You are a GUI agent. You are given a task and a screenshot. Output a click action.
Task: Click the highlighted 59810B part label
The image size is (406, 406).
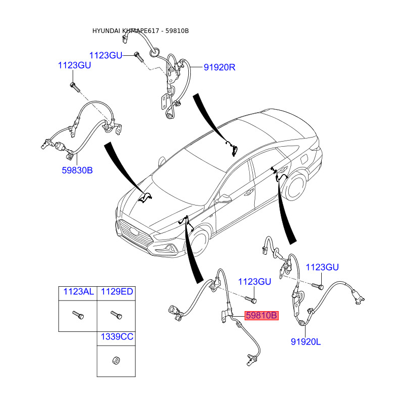[261, 315]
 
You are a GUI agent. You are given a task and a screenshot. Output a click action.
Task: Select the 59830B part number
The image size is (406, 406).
[77, 170]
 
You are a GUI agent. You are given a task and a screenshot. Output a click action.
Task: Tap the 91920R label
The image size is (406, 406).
[219, 67]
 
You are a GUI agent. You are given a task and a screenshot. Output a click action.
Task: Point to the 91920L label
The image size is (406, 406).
[306, 342]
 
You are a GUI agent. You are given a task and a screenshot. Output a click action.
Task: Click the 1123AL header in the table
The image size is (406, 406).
[79, 291]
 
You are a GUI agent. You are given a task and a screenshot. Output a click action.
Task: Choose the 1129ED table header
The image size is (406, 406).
[117, 291]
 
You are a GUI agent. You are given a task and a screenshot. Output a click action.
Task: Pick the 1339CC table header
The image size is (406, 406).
[117, 336]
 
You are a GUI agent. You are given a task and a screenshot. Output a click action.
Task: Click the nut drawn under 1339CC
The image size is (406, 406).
[116, 360]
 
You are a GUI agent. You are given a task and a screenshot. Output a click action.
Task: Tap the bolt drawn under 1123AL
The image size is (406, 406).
[78, 315]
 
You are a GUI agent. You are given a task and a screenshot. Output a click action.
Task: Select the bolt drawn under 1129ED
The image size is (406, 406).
[116, 315]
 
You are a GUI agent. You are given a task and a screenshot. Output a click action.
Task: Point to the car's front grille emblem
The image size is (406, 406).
[134, 230]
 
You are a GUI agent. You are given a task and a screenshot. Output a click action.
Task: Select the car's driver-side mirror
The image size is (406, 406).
[223, 199]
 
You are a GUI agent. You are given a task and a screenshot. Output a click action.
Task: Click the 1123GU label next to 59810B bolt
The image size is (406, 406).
[255, 282]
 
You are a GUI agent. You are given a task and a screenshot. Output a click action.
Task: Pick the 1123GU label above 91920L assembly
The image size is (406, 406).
[322, 267]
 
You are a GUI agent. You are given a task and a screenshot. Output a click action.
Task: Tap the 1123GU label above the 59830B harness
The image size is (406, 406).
[75, 65]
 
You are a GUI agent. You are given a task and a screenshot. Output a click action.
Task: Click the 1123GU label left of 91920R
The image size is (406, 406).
[106, 55]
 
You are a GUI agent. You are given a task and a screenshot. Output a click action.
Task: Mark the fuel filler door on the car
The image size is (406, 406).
[303, 158]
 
